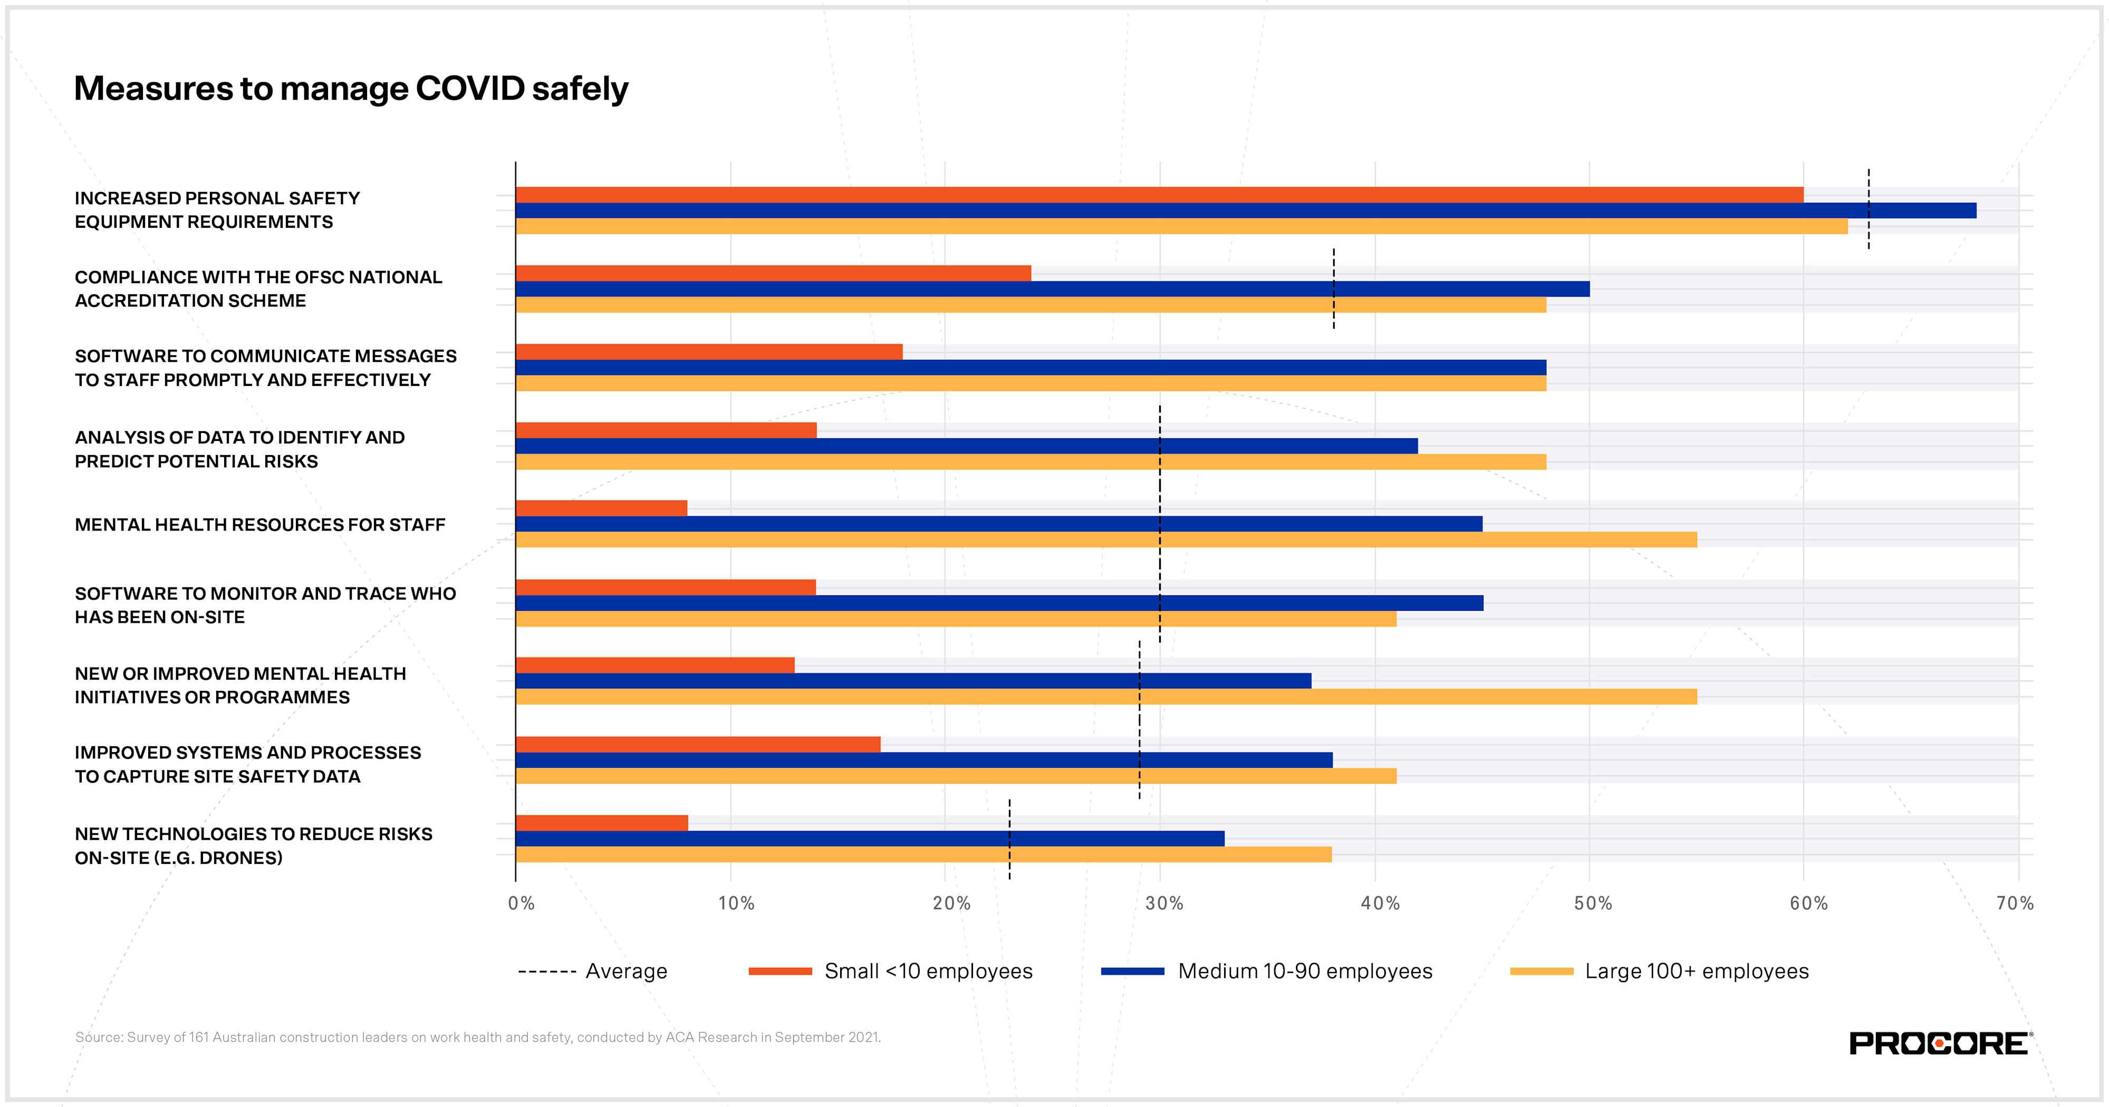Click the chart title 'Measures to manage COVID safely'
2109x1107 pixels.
(350, 89)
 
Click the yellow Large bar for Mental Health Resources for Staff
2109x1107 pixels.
(1105, 540)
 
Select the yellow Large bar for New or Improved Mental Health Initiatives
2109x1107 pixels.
(1105, 697)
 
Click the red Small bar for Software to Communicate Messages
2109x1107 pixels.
(709, 352)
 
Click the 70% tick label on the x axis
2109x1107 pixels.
(2014, 903)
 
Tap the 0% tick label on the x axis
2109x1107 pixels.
(521, 903)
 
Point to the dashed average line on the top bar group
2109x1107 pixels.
(1869, 209)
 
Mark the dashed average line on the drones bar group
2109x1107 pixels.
(1009, 839)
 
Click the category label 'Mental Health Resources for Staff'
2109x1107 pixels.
(259, 525)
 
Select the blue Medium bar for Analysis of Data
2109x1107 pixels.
(966, 446)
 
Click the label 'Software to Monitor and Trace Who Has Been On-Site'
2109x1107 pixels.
(264, 605)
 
